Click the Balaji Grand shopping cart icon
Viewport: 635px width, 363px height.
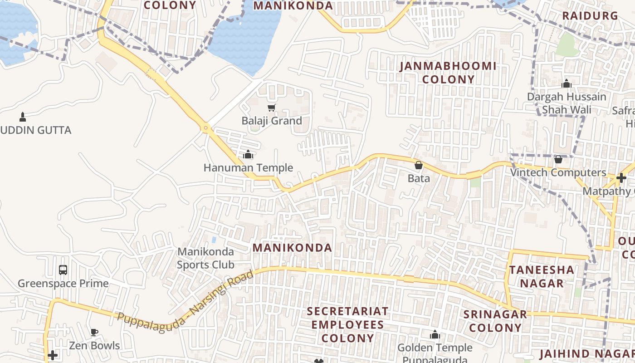coord(271,108)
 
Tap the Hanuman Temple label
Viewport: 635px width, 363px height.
coord(248,168)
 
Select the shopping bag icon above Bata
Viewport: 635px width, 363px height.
coord(419,165)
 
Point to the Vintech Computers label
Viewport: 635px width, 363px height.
coord(558,173)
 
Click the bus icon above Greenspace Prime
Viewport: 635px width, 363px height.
coord(63,270)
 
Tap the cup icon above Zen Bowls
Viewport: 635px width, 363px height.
coord(94,333)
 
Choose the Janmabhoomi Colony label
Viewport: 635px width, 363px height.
coord(448,73)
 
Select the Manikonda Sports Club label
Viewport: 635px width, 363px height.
coord(205,258)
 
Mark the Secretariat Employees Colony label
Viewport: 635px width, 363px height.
coord(348,325)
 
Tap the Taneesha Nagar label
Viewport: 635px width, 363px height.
coord(541,277)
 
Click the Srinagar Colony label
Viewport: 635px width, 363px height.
coord(495,321)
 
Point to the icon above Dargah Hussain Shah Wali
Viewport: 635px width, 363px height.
coord(566,84)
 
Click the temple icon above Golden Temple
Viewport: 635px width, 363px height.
coord(435,335)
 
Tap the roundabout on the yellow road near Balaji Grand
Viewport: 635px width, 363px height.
coord(206,128)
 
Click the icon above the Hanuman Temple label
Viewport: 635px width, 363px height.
coord(248,155)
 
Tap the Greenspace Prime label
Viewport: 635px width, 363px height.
coord(63,284)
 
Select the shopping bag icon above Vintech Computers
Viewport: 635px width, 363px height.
coord(558,160)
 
